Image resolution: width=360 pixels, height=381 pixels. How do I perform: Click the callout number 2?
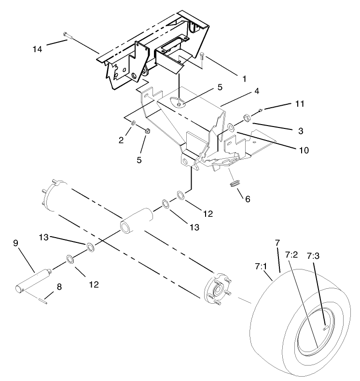point(122,140)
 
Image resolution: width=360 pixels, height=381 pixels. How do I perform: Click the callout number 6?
point(247,198)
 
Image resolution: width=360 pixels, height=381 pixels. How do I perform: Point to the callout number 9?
point(15,244)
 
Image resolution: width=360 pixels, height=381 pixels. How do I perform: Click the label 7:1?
point(260,266)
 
